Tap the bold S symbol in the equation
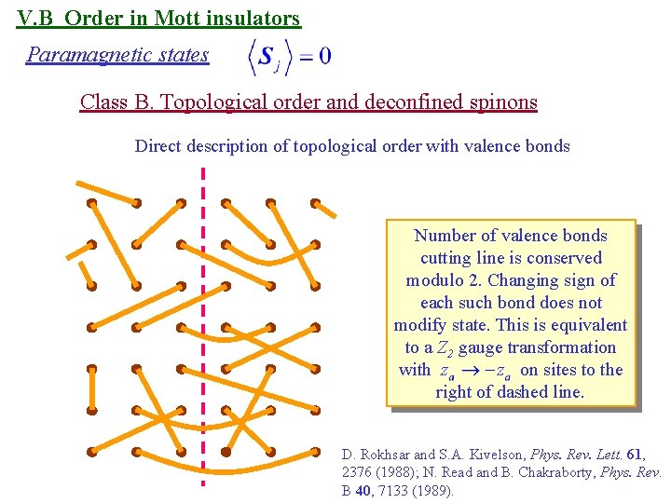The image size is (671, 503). coord(266,56)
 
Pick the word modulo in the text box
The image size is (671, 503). coord(434,280)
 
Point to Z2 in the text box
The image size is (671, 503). coord(442,348)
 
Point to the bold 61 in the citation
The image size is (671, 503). coord(635,455)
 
